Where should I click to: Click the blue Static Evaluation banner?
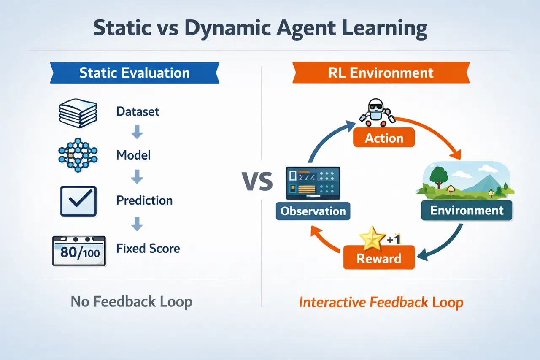[x=134, y=72]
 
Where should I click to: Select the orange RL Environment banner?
[x=381, y=72]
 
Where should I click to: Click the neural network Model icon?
[x=77, y=155]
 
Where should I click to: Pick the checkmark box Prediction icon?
[x=78, y=200]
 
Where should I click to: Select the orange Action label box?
[x=383, y=138]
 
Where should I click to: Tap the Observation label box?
[x=313, y=211]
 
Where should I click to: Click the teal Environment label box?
[x=467, y=210]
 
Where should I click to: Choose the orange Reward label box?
[x=379, y=258]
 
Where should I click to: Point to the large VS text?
[x=257, y=182]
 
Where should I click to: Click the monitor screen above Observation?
[x=313, y=182]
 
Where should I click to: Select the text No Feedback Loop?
[x=131, y=302]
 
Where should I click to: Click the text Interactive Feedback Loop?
[x=381, y=302]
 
